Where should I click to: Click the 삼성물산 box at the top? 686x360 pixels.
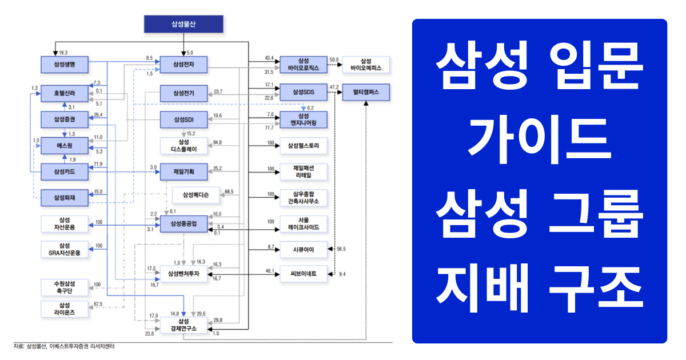[183, 23]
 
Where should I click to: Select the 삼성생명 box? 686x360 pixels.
[65, 65]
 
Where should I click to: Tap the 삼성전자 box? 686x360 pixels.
[183, 65]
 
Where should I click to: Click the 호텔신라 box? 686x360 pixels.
[65, 93]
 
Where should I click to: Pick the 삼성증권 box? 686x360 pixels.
[65, 119]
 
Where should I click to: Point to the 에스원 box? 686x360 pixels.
[65, 146]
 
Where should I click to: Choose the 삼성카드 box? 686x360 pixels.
[65, 171]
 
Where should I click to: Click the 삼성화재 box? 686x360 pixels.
[65, 198]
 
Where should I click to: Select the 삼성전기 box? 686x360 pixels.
[183, 93]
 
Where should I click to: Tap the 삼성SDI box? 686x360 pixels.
[183, 119]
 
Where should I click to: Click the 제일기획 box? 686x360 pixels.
[183, 171]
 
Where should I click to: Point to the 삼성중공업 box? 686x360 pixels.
[183, 224]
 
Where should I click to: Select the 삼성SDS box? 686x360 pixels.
[303, 91]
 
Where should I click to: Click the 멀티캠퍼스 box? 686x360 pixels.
[366, 91]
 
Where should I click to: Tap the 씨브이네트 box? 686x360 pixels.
[303, 274]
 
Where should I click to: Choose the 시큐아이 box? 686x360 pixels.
[303, 249]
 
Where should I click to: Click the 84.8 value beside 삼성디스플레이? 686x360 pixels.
[218, 142]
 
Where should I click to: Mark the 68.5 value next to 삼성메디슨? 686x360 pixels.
[229, 191]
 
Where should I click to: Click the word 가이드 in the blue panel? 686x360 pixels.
[539, 138]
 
